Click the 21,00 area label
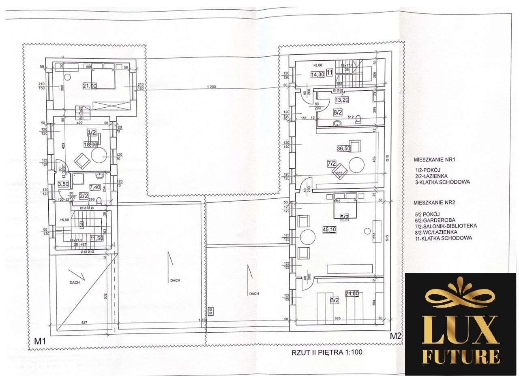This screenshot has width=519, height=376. pyautogui.click(x=89, y=85)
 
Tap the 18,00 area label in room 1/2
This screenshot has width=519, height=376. pyautogui.click(x=90, y=144)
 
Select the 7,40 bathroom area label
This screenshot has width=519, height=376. pyautogui.click(x=95, y=187)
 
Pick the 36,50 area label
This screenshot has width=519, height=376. pyautogui.click(x=343, y=149)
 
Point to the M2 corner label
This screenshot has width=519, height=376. pyautogui.click(x=395, y=336)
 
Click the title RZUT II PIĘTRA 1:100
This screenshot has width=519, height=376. pyautogui.click(x=327, y=353)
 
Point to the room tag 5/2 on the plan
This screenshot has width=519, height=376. pyautogui.click(x=345, y=217)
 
